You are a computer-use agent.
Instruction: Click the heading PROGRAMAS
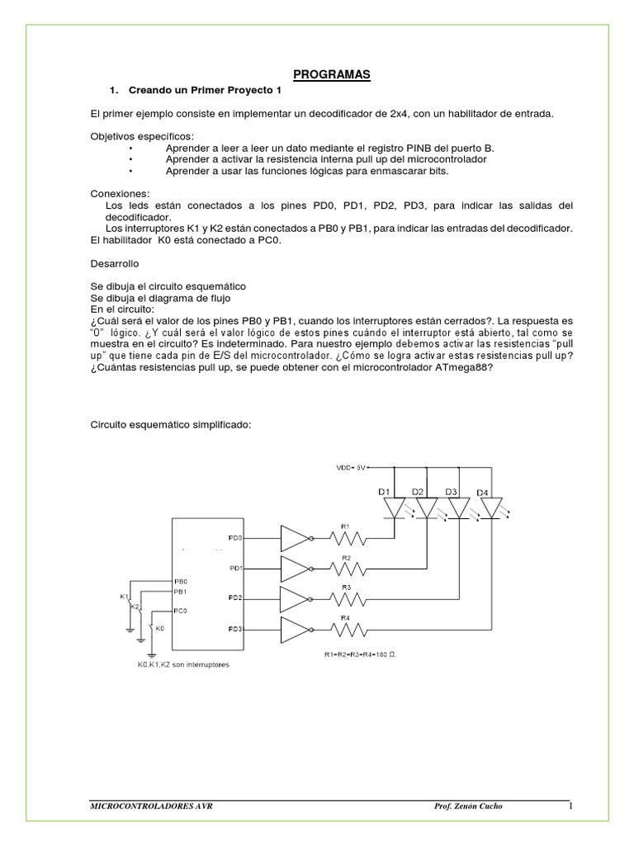click(333, 75)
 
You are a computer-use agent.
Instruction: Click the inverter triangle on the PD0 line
click(296, 539)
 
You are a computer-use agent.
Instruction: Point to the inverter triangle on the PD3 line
click(296, 630)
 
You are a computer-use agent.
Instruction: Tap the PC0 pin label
click(180, 611)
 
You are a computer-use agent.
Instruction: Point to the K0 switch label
click(159, 628)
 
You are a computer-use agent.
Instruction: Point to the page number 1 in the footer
click(569, 805)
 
